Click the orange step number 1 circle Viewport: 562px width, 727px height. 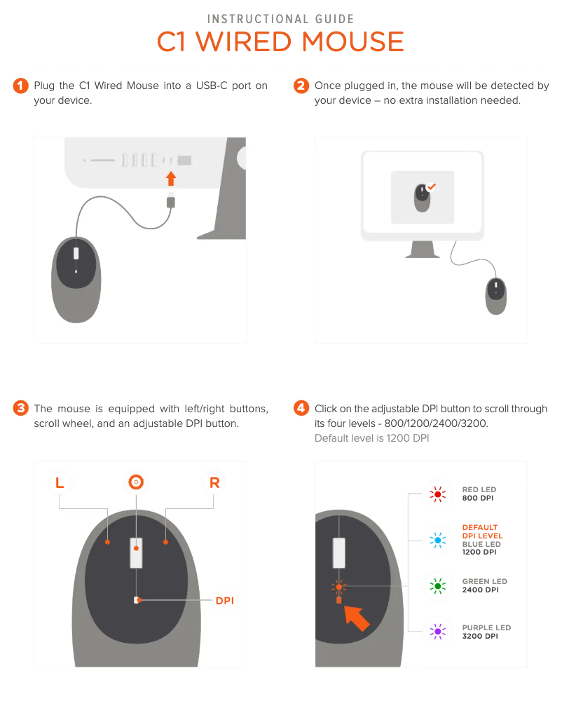[20, 86]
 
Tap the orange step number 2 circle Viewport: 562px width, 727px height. [301, 86]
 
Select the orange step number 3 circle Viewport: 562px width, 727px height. [20, 408]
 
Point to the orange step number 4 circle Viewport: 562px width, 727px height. [301, 408]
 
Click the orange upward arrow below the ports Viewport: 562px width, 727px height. [171, 179]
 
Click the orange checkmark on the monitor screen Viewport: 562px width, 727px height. [432, 187]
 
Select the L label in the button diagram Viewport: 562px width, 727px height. [60, 482]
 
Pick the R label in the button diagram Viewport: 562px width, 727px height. [214, 482]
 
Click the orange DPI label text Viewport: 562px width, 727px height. [225, 600]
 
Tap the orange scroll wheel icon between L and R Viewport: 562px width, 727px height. [136, 482]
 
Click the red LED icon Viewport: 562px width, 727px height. [437, 494]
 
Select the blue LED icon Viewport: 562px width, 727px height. [437, 540]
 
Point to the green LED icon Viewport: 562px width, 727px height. [437, 586]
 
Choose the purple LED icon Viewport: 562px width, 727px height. [437, 632]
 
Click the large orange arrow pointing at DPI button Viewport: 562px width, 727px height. [356, 618]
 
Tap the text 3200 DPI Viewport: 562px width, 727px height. [480, 636]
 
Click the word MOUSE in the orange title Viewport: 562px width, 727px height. [353, 42]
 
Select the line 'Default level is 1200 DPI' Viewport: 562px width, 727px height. [371, 438]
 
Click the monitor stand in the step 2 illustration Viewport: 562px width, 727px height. [423, 250]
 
